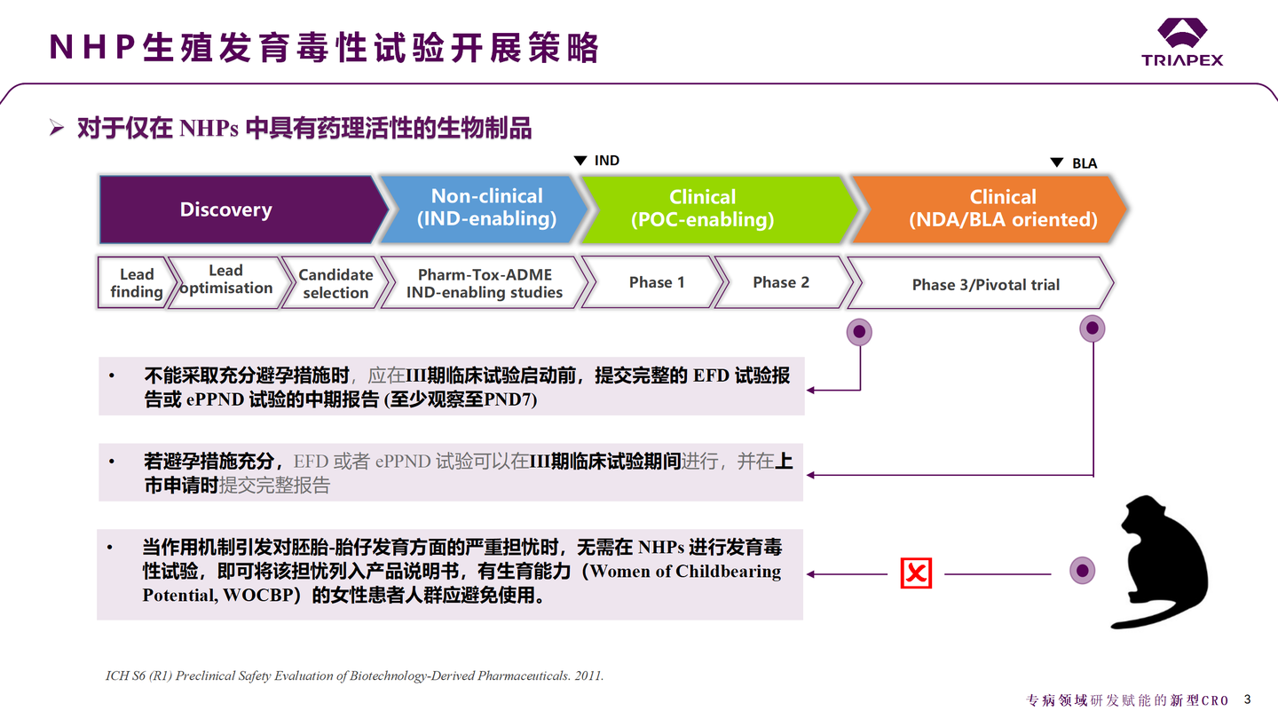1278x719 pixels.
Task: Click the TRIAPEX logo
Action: pos(1181,43)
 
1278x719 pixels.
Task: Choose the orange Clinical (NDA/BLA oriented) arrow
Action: pos(994,209)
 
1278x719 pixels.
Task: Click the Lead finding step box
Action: pos(135,283)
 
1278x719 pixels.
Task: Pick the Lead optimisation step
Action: pos(225,280)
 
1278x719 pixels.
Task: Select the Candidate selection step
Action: pos(335,283)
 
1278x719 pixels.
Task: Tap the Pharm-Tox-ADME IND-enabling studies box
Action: pos(485,283)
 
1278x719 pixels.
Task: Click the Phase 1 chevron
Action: pos(656,282)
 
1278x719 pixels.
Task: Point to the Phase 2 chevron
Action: pos(780,282)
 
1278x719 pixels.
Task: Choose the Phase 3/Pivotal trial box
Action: pos(985,284)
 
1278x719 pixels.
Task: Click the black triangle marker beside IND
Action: pos(580,161)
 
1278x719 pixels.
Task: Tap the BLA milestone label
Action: pos(1085,163)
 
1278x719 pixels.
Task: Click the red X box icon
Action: pos(916,573)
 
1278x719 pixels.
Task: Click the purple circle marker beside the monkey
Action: pos(1081,570)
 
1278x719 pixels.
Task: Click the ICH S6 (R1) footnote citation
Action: pos(355,676)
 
